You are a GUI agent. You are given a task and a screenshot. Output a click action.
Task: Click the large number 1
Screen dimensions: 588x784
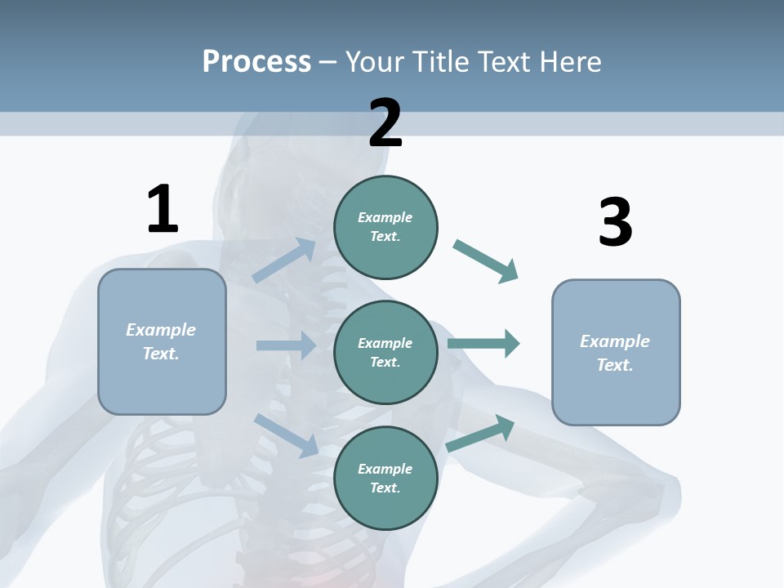tap(163, 209)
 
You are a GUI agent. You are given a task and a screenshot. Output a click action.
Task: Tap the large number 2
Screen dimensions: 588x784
tap(385, 123)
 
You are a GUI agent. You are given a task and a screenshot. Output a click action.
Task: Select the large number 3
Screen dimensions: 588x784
tap(615, 223)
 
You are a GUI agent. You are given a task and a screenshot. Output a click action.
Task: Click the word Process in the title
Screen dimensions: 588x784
tap(256, 61)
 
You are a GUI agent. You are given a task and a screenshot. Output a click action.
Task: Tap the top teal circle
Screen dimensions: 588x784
tap(385, 227)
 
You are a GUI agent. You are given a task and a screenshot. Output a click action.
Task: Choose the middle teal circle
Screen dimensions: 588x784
tap(385, 352)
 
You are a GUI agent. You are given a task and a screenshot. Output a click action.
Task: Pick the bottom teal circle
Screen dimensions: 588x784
tap(385, 478)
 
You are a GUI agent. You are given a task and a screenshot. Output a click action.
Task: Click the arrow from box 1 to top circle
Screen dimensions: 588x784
tap(284, 261)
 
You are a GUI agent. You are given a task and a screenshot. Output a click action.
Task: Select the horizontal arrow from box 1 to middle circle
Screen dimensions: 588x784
tap(286, 345)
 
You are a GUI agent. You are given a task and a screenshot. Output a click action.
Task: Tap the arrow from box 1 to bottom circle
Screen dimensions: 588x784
tap(286, 434)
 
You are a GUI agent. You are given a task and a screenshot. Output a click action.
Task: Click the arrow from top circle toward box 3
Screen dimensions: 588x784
tap(486, 261)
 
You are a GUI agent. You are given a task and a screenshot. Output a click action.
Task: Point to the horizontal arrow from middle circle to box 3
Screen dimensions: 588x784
tap(483, 343)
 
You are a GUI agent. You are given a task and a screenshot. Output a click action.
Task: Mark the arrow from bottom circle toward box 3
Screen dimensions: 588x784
tap(481, 434)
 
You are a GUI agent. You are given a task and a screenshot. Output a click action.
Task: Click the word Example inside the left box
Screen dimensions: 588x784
tap(161, 330)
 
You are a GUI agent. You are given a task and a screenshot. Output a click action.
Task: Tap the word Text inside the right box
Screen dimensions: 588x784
tap(614, 365)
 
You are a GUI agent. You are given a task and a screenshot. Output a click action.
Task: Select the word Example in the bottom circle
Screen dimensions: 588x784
tap(385, 469)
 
